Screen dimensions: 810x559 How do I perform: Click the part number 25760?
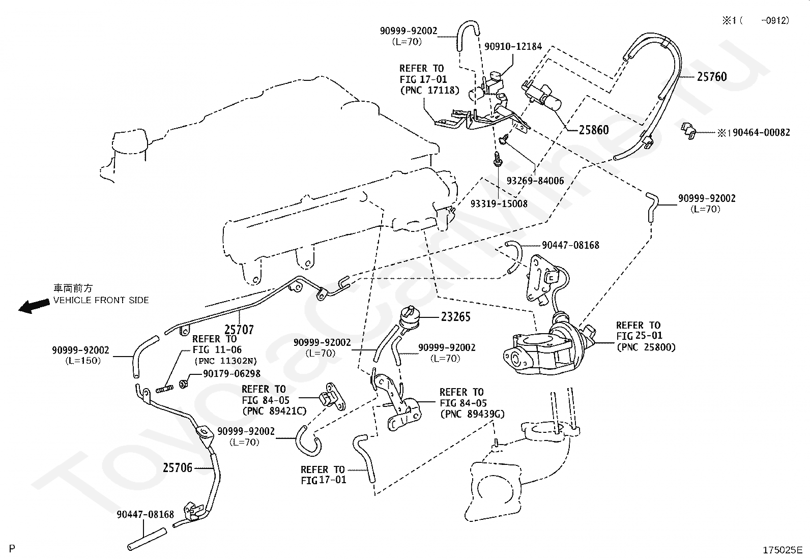pos(711,77)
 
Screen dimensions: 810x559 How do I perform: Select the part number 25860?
pos(594,130)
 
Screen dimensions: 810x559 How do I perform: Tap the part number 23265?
pos(456,317)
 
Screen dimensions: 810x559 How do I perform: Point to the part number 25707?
pos(239,330)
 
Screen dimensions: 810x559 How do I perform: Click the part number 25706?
pos(178,467)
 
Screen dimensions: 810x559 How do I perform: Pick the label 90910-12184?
pos(513,46)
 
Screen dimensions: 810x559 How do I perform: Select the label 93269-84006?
pos(535,181)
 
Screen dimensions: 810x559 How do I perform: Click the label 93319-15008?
pos(499,203)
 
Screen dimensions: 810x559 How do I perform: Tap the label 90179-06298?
pos(232,373)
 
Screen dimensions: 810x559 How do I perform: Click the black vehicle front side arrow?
pos(34,306)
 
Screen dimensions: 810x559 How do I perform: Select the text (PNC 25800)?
pos(646,347)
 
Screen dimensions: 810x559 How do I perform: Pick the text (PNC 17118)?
pos(429,90)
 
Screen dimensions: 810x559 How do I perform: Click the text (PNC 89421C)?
pos(274,411)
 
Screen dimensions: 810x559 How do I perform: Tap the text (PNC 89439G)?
pos(472,414)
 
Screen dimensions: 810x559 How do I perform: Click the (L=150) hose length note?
pos(83,361)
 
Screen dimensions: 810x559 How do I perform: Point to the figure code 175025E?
pos(783,550)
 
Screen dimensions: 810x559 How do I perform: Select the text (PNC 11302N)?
pos(225,361)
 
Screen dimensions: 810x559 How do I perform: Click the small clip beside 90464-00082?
pos(688,131)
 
